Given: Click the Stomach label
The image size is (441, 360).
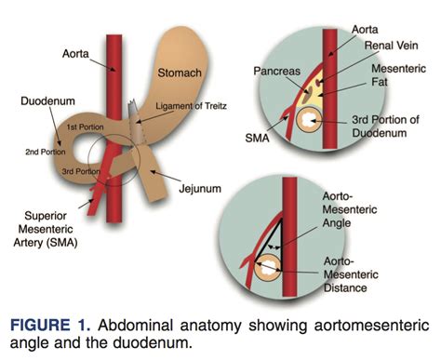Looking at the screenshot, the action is (x=180, y=73).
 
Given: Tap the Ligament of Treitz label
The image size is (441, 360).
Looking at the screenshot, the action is (x=191, y=106).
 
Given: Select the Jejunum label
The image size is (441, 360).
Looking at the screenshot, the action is (x=200, y=189).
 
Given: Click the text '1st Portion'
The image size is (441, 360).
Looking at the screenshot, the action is (x=85, y=127).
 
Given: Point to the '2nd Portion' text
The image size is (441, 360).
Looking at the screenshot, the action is (x=46, y=152).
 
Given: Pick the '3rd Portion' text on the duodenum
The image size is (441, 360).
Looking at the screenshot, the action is (x=81, y=171).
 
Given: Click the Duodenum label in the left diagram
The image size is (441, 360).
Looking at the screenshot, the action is (x=47, y=101).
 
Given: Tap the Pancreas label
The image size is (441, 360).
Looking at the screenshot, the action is (x=277, y=71).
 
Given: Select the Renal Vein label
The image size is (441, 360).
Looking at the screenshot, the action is (x=391, y=46).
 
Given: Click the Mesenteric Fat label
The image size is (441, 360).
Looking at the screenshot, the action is (x=398, y=75).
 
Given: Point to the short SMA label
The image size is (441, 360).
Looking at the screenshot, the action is (x=257, y=138).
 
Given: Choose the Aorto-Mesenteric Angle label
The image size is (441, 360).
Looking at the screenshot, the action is (x=350, y=209).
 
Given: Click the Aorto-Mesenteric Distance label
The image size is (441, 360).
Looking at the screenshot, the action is (x=351, y=274).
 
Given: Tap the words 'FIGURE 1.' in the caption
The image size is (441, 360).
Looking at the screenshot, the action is (x=50, y=326).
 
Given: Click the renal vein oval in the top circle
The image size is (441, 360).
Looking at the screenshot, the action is (x=318, y=83).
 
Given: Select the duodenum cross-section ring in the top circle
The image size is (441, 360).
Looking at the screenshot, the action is (x=307, y=120).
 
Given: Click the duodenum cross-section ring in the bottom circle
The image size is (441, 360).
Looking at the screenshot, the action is (x=267, y=268).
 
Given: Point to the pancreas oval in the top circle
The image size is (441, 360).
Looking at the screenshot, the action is (x=308, y=92).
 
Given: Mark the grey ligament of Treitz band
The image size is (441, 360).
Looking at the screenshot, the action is (x=136, y=123).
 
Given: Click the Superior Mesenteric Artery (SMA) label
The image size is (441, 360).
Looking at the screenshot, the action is (x=46, y=229).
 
